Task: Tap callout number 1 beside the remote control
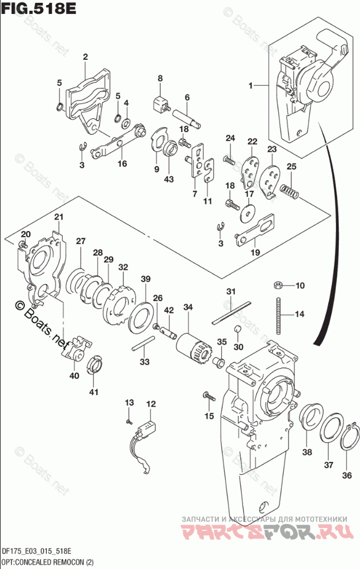coord(251,86)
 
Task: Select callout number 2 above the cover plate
coord(85,56)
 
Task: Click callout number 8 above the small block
coord(160,79)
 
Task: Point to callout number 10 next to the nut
coord(300,286)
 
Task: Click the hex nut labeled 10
coord(276,284)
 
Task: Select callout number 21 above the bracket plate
coord(58,217)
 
